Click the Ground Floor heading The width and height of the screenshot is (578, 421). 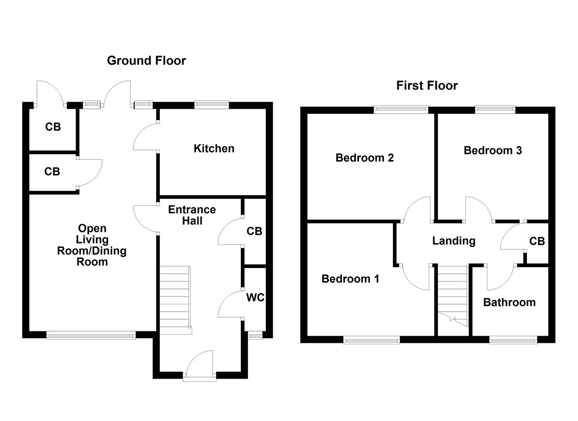[x=146, y=61]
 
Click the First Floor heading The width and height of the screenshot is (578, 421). [x=427, y=86]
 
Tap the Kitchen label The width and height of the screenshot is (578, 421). [x=214, y=149]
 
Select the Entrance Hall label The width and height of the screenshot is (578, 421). [x=192, y=215]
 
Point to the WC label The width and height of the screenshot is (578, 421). [x=255, y=298]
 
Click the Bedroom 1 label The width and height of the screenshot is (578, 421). [x=350, y=279]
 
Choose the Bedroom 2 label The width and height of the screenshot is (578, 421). [x=365, y=158]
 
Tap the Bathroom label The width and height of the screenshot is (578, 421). [x=509, y=302]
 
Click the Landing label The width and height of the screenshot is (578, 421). [x=454, y=241]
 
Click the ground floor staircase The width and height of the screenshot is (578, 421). [x=174, y=299]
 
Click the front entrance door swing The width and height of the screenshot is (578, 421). [x=199, y=363]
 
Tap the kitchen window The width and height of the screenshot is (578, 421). [x=211, y=104]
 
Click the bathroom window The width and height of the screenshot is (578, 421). [x=513, y=340]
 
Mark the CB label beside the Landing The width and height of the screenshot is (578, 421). [x=537, y=241]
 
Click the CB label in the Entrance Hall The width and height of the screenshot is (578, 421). [x=254, y=231]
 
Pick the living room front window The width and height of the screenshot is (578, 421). [x=91, y=334]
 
